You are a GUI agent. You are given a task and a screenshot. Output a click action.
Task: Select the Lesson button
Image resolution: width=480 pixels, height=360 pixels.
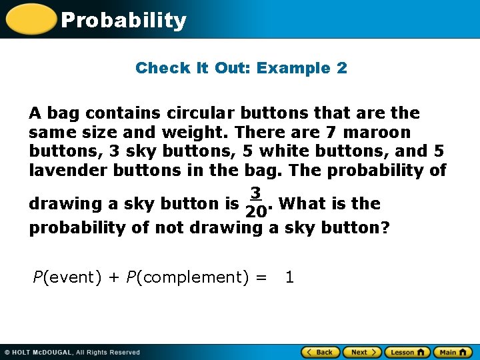point(406,352)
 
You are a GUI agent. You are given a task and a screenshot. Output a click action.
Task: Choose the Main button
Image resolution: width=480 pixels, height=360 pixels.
point(451,352)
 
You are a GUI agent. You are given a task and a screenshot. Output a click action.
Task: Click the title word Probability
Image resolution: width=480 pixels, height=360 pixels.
point(123,21)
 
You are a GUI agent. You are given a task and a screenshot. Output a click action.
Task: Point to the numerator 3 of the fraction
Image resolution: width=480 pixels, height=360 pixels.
point(255,193)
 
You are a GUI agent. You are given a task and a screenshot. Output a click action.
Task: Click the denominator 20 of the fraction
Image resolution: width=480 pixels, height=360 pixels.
point(255,213)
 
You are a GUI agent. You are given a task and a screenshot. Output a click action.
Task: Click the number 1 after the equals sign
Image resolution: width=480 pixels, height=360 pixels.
point(289,277)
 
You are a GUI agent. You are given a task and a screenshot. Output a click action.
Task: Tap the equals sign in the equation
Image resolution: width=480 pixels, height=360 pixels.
point(261,277)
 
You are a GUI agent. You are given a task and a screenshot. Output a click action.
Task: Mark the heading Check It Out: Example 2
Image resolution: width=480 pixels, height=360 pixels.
point(241,68)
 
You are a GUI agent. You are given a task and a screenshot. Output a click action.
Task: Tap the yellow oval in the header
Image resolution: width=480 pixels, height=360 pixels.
point(31,19)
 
